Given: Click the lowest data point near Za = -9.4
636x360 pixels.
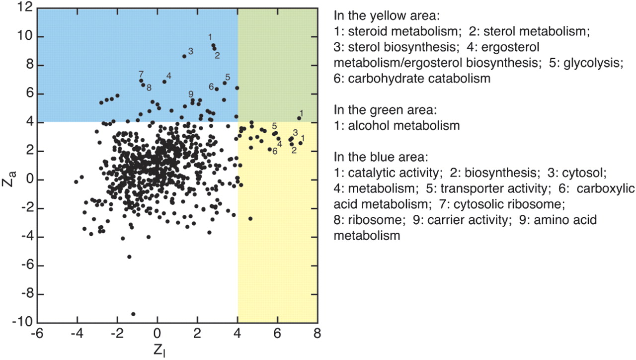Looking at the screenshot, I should coord(133,314).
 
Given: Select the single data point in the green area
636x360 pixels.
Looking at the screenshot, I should coord(299,118).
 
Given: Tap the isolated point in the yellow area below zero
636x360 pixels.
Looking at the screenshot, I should coord(250,218).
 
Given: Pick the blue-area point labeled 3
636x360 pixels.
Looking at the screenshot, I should coord(184,56).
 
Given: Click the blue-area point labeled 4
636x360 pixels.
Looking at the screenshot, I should coord(164,82).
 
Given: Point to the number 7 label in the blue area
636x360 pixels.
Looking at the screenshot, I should coord(142,74).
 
